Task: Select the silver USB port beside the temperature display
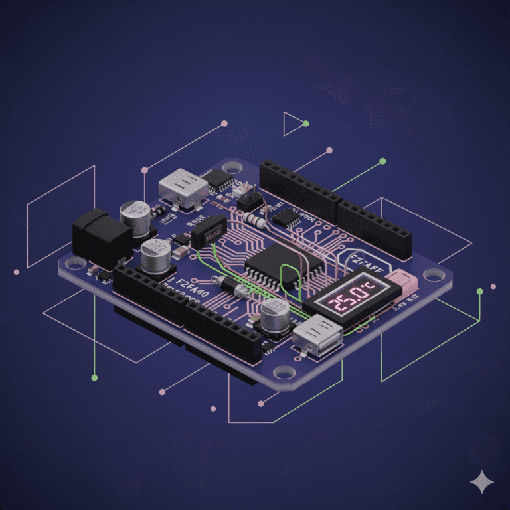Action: click(317, 335)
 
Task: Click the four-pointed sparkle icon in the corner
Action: click(481, 483)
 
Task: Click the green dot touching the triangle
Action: click(305, 124)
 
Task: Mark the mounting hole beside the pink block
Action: click(432, 273)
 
